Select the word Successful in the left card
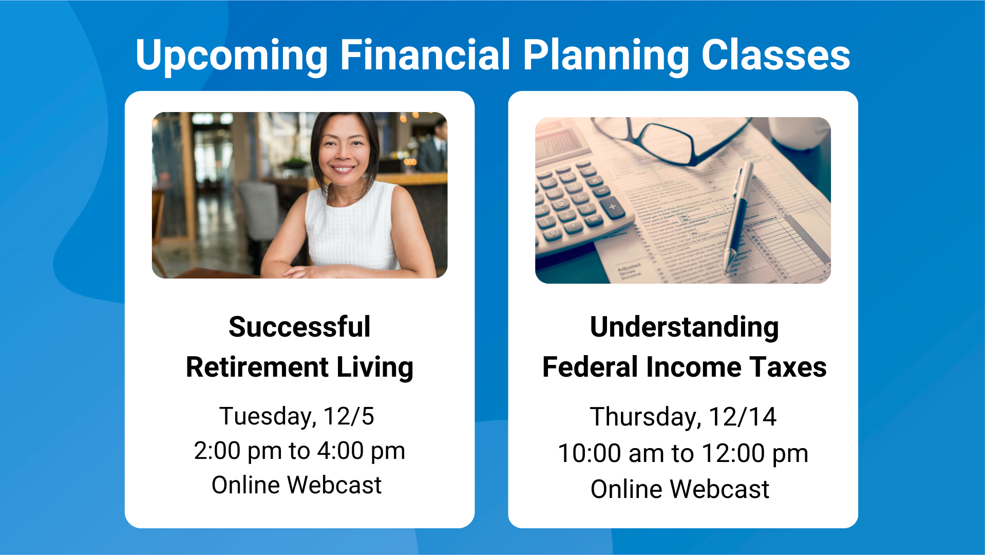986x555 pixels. [x=299, y=327]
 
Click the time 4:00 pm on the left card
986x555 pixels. [x=361, y=452]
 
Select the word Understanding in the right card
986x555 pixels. [x=684, y=328]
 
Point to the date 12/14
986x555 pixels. [x=743, y=417]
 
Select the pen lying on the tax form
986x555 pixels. [x=738, y=216]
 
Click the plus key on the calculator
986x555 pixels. [x=612, y=207]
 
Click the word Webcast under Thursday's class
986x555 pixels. [x=719, y=489]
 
